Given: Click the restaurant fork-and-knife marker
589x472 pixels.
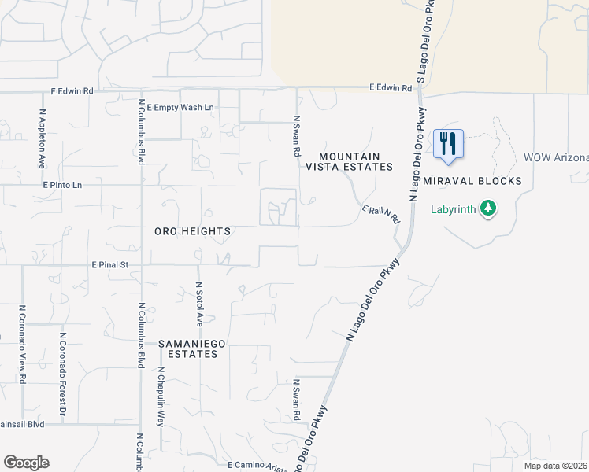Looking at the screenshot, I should pos(448,144).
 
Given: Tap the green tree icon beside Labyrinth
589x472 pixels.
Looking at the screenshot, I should pos(489,208).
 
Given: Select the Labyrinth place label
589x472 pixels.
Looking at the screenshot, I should pos(454,209).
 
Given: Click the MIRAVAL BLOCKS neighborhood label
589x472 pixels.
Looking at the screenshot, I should pos(472,181).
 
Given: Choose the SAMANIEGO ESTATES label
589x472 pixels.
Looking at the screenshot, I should pos(187,348).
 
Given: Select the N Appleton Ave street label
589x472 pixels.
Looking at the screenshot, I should pos(42,138).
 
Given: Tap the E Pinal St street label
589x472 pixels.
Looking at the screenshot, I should pos(109,265).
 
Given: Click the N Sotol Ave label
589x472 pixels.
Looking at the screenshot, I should pos(199,304).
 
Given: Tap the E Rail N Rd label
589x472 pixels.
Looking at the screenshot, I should pos(381,213).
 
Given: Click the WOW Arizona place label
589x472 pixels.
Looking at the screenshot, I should pos(556,157).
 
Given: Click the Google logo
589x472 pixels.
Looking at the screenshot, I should pos(26,463).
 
